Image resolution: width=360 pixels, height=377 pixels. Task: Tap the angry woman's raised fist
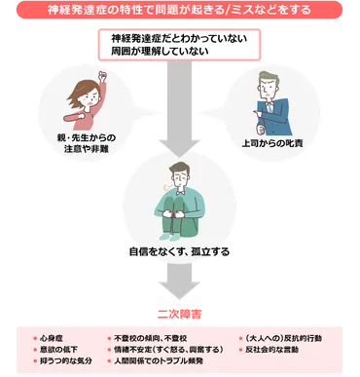(100, 76)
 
